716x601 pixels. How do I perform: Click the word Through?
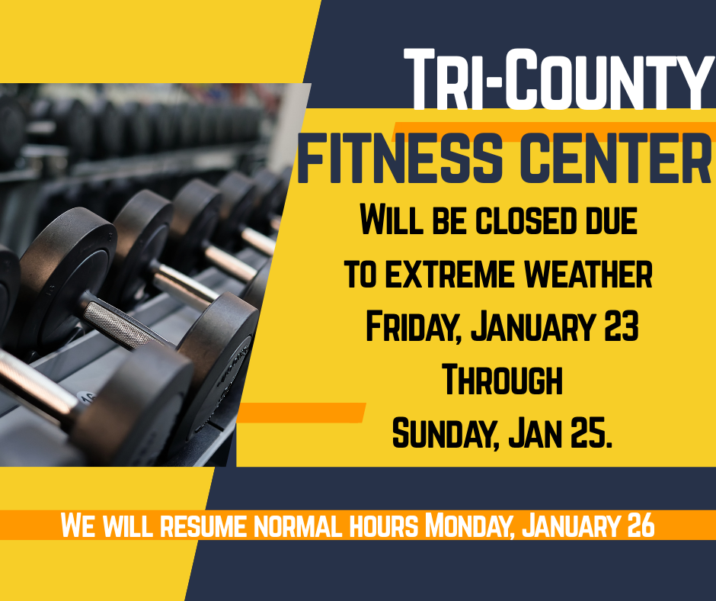click(502, 381)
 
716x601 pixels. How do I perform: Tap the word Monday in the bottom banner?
click(468, 526)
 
